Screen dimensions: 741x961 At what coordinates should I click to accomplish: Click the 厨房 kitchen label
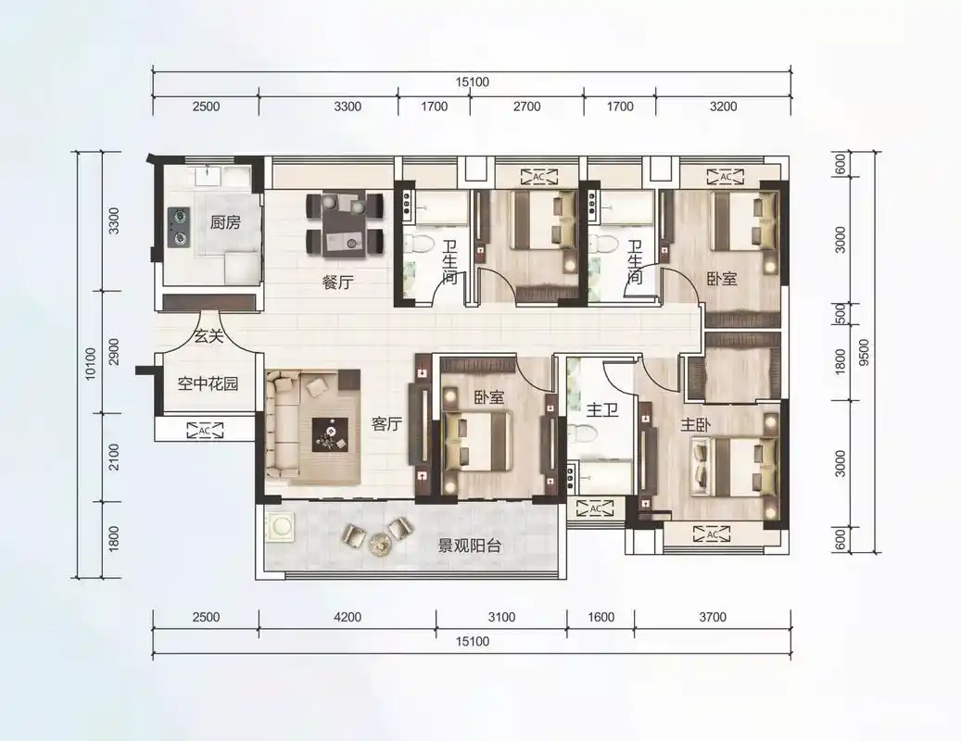225,222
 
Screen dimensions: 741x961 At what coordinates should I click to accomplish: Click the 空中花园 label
208,382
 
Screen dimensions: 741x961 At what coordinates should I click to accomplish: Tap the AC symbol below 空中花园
204,429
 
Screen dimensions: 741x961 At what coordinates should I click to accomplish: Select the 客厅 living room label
386,424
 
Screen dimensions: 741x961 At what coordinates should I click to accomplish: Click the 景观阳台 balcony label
469,546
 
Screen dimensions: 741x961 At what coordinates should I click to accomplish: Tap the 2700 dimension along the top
525,107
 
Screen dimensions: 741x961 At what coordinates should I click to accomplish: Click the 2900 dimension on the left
114,351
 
